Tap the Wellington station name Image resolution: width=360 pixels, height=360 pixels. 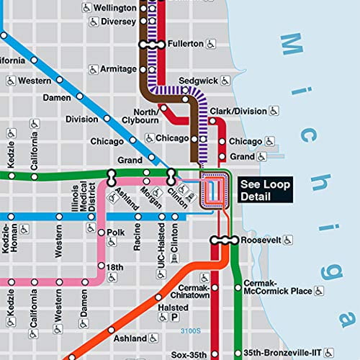(114, 8)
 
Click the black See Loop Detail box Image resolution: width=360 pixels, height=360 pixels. (265, 190)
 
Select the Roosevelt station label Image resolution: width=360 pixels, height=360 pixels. (260, 240)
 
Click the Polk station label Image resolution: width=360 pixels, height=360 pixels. (115, 233)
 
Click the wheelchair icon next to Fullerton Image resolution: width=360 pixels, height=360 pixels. (212, 44)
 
